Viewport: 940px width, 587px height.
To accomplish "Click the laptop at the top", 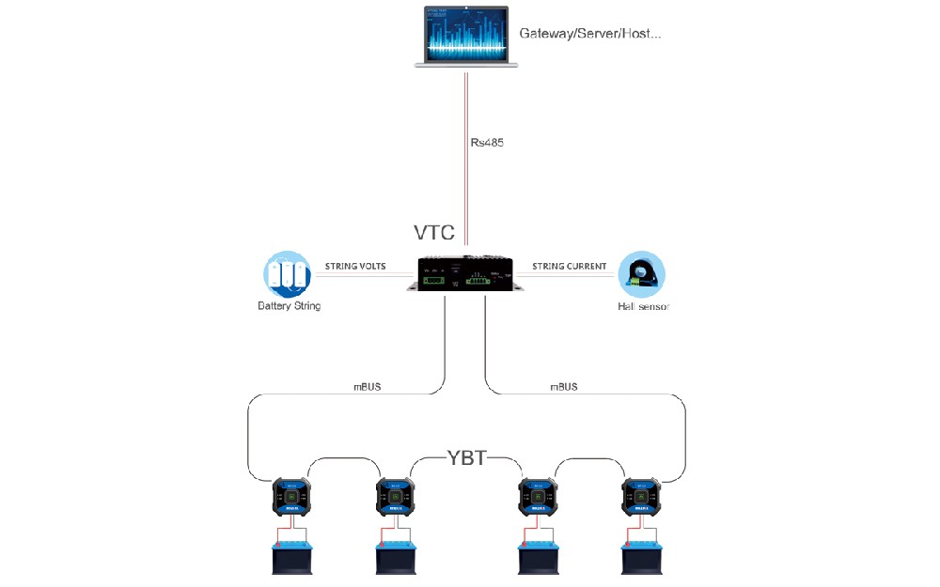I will [467, 37].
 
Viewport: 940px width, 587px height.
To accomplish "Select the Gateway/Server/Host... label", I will [590, 34].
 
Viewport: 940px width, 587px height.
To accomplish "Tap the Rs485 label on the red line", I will [487, 144].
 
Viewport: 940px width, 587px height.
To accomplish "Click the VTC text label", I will [434, 233].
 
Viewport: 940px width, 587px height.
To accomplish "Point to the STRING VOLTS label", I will [355, 267].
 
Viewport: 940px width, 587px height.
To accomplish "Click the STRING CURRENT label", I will [570, 267].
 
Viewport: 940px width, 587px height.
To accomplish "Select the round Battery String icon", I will [287, 274].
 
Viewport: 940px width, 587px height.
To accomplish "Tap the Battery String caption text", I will [289, 306].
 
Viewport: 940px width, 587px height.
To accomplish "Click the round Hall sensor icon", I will [641, 274].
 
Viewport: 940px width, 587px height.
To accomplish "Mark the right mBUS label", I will [564, 386].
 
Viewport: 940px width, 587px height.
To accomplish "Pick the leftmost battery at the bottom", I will [291, 557].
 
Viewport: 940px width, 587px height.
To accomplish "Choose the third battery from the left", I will [539, 557].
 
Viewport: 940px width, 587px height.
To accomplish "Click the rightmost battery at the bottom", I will [642, 557].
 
